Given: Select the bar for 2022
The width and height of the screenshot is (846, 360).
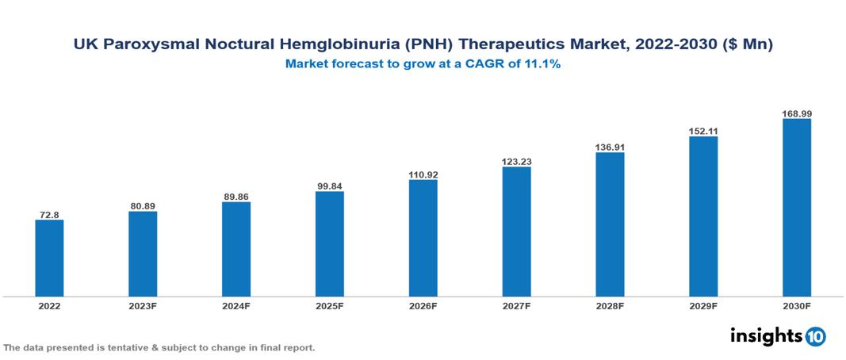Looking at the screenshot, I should point(49,258).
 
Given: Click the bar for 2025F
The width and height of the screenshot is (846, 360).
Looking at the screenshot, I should point(330,243).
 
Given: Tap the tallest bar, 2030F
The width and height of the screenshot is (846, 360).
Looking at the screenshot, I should point(797,208).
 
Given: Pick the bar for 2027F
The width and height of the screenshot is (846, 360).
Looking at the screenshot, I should point(516,232).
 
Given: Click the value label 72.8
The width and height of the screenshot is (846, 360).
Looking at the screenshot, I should point(49,214).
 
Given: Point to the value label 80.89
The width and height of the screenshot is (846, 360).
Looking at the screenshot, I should point(143,206).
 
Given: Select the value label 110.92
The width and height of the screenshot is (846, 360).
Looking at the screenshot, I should point(423,174).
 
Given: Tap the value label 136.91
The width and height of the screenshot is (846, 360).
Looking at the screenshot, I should point(610,147).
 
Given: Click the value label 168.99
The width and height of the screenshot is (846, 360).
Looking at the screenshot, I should point(797,113).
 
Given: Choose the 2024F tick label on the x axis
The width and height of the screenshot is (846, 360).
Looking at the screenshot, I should point(236,305).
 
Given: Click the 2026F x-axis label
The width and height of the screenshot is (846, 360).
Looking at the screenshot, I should point(423,305).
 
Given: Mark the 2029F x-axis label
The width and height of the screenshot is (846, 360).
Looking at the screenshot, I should point(703,305).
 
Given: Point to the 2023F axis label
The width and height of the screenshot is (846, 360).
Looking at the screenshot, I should point(143,305).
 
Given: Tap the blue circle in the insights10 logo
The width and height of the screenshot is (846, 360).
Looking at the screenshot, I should point(815,336).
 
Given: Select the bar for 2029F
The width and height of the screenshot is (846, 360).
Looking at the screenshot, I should point(703,216).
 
